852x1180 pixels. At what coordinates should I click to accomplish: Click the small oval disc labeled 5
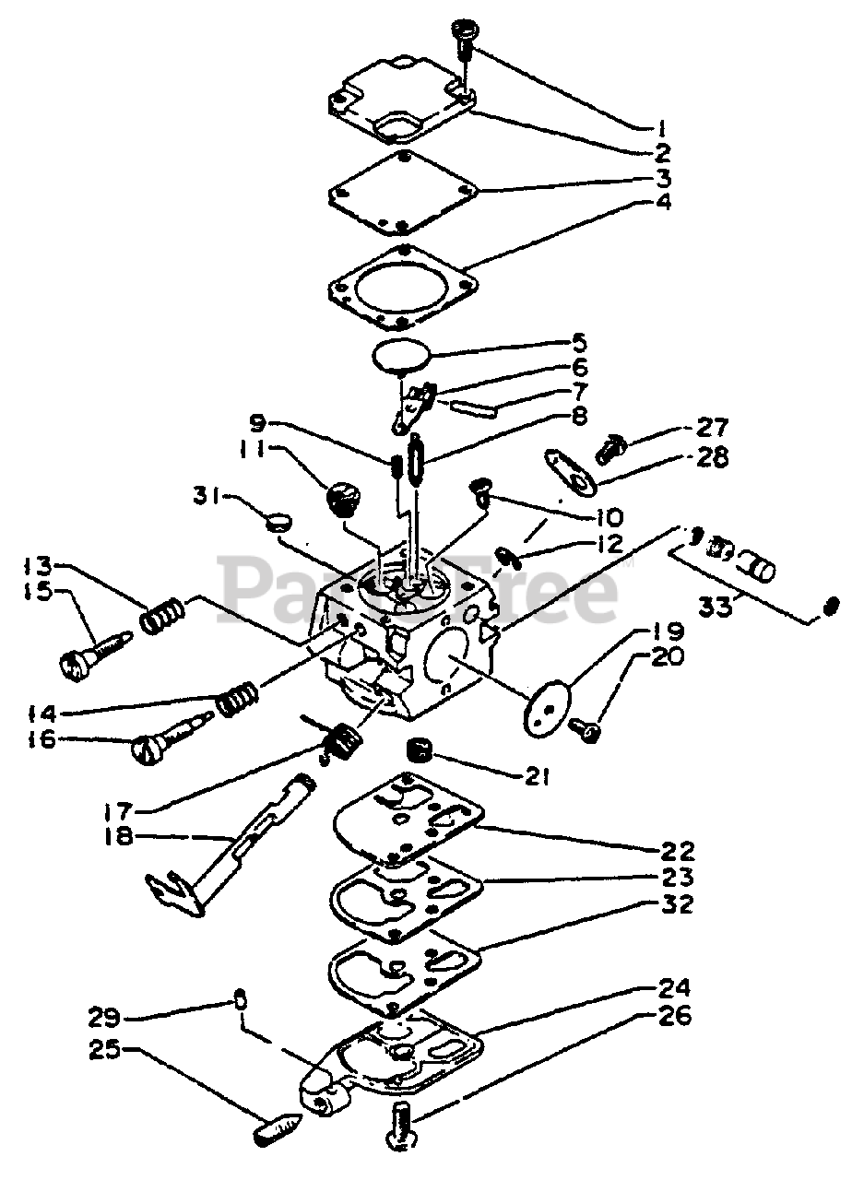(404, 354)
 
